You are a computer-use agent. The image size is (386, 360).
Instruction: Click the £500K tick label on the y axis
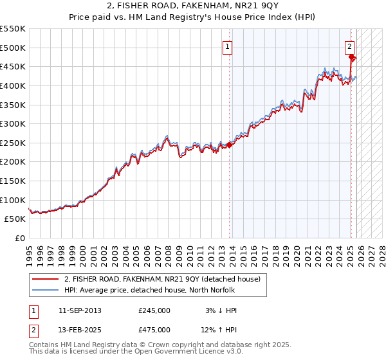(13, 48)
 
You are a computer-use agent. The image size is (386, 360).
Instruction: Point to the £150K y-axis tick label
(13, 181)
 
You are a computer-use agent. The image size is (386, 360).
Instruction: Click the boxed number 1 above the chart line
(228, 46)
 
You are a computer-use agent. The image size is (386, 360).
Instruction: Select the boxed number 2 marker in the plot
(349, 46)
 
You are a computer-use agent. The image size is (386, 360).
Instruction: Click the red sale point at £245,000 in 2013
(230, 145)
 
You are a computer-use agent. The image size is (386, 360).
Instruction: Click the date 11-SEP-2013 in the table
(80, 310)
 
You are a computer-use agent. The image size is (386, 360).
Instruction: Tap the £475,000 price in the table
(154, 330)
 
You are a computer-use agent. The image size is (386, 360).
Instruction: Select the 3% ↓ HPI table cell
(218, 310)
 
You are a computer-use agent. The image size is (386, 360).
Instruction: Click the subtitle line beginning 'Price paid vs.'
(193, 17)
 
